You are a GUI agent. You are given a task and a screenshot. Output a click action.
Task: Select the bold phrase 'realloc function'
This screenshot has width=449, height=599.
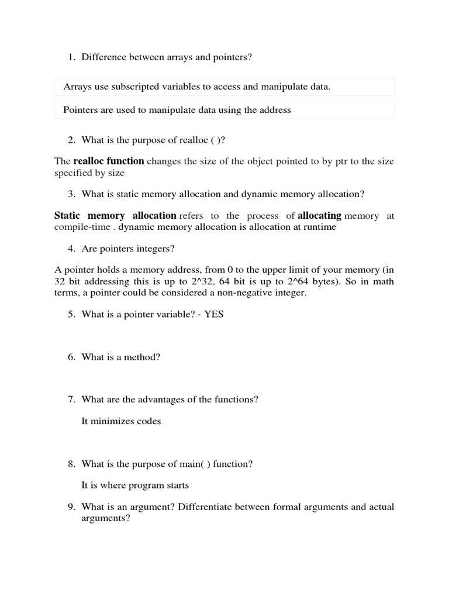(x=109, y=161)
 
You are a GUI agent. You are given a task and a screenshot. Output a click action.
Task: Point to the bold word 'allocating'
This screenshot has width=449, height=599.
(x=319, y=215)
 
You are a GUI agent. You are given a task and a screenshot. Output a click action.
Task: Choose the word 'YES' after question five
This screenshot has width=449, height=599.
(x=213, y=314)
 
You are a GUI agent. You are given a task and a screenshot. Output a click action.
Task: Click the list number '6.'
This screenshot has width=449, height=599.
(x=71, y=357)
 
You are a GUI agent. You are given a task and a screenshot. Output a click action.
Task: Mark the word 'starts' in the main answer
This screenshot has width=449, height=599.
(x=177, y=486)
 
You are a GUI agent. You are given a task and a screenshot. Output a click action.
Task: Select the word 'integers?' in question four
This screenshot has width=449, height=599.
(x=155, y=249)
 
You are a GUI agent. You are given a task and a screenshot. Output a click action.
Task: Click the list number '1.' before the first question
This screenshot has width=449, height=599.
(x=71, y=57)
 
